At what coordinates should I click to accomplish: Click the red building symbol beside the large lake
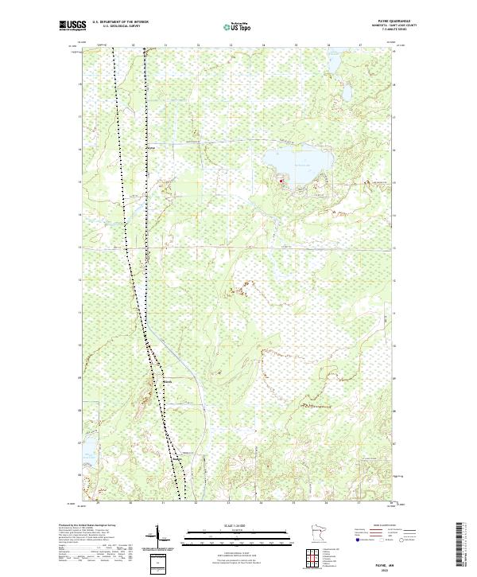click(x=281, y=182)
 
